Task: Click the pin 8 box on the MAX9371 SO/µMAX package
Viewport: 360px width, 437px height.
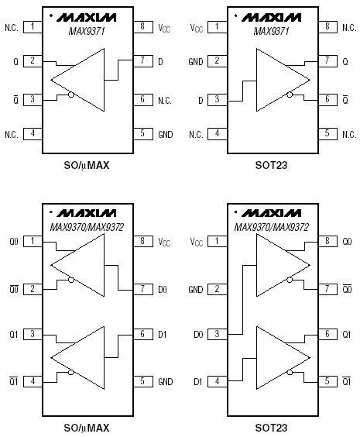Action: click(x=142, y=27)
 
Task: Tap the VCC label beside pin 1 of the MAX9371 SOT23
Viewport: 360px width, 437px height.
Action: click(x=197, y=28)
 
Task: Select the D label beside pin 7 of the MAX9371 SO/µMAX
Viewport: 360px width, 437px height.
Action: click(x=161, y=61)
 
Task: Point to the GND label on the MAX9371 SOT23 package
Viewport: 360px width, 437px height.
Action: click(x=196, y=61)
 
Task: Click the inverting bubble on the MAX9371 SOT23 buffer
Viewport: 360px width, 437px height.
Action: click(x=290, y=95)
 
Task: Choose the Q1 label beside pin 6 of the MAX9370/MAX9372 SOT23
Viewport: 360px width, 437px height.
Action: click(x=346, y=334)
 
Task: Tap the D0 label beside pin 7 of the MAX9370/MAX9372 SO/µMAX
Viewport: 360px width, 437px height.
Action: click(x=163, y=290)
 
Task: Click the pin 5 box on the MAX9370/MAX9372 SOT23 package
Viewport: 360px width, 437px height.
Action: click(x=327, y=381)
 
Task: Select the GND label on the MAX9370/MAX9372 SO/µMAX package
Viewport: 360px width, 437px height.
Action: click(x=166, y=381)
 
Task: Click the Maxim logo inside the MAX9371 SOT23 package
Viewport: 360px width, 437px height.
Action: click(x=271, y=18)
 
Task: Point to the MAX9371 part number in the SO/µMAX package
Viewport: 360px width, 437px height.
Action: click(x=87, y=31)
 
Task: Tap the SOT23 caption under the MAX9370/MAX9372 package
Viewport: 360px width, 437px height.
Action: click(x=271, y=427)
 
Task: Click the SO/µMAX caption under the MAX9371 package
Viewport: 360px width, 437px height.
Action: click(x=87, y=166)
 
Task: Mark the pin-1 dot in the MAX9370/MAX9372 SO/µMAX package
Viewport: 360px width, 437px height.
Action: click(x=50, y=212)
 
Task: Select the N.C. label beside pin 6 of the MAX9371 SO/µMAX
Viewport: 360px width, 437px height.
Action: click(x=165, y=100)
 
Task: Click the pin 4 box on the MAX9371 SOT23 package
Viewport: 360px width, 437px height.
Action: click(x=218, y=134)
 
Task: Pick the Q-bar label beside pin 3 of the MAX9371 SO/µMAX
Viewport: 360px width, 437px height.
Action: click(x=15, y=99)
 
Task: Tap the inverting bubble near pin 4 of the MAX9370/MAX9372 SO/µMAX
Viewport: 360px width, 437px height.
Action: click(x=71, y=373)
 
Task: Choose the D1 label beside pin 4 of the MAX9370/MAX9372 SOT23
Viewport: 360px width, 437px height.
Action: click(x=197, y=381)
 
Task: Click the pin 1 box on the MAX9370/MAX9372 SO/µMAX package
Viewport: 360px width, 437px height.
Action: click(x=33, y=241)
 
